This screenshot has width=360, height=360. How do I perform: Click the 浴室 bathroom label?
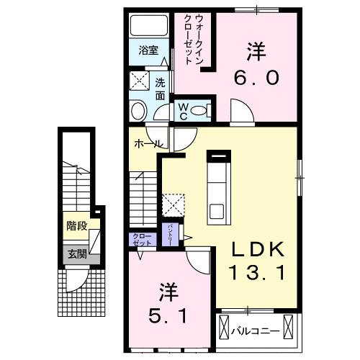pos(148,51)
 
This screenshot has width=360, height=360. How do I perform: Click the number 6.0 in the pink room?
pos(254,76)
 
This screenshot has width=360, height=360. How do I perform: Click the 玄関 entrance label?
pos(77,253)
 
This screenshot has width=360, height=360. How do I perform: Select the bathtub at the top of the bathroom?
pos(148,27)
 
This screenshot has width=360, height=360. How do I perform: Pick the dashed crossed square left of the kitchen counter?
pos(174,204)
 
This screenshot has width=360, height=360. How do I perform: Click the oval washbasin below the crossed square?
pos(138,110)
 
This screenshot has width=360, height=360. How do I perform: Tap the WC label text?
pos(183,110)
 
